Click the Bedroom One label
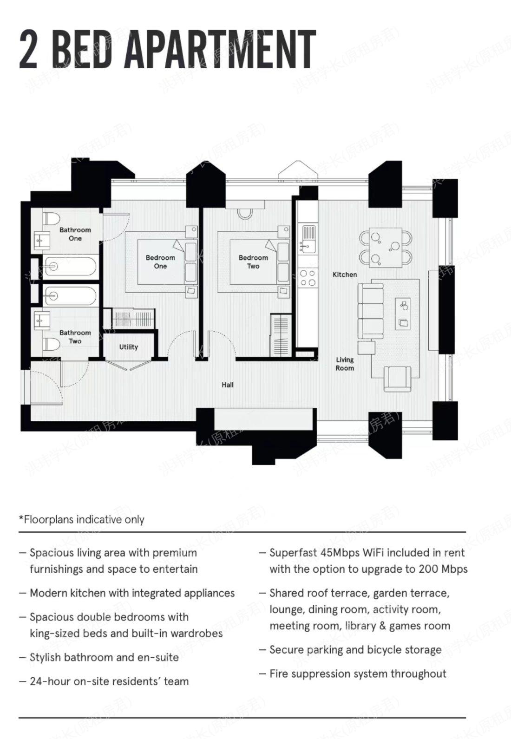[x=160, y=262]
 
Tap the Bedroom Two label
[x=253, y=262]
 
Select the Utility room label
[x=128, y=347]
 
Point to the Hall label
[x=228, y=385]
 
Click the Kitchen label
[x=345, y=275]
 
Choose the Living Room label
[x=345, y=364]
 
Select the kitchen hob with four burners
[x=308, y=278]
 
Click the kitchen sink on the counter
[x=308, y=239]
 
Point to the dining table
[x=386, y=248]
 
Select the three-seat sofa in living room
[x=371, y=311]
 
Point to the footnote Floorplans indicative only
[x=81, y=520]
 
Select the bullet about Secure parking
[x=350, y=650]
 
